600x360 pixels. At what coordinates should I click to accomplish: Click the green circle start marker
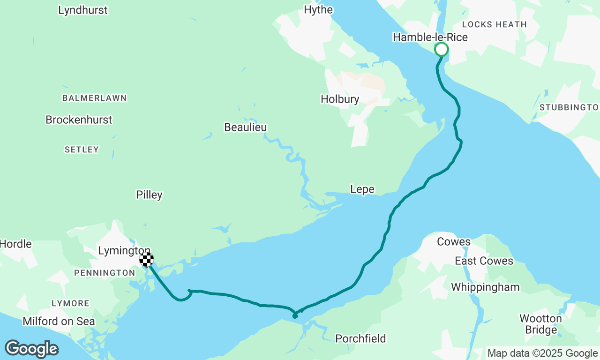point(441,49)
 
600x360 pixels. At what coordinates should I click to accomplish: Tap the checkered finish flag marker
point(147,259)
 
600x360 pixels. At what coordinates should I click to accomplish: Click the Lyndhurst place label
point(83,10)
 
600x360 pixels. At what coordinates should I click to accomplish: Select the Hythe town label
point(318,10)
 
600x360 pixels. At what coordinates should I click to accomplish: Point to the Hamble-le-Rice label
point(430,37)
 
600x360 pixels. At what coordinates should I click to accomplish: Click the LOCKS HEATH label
point(494,24)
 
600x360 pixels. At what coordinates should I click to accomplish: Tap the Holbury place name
point(340,99)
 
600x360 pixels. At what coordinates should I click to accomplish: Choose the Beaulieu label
point(245,127)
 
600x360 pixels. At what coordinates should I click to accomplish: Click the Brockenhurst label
point(79,120)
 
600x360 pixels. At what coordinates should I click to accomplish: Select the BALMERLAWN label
point(95,98)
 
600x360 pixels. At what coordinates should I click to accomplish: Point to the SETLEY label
point(82,150)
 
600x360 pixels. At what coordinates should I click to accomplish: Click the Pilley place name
point(149,195)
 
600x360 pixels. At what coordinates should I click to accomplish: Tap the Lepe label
point(362,189)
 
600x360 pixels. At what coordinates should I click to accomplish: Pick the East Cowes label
point(484,261)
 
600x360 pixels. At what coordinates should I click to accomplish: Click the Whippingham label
point(485,287)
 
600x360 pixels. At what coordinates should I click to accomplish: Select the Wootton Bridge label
point(540,324)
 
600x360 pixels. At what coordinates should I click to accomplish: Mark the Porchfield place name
point(360,338)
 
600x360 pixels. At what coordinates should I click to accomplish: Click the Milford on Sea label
point(59,321)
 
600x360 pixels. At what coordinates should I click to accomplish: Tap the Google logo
point(31,349)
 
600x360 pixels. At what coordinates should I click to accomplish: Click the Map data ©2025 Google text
point(542,353)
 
